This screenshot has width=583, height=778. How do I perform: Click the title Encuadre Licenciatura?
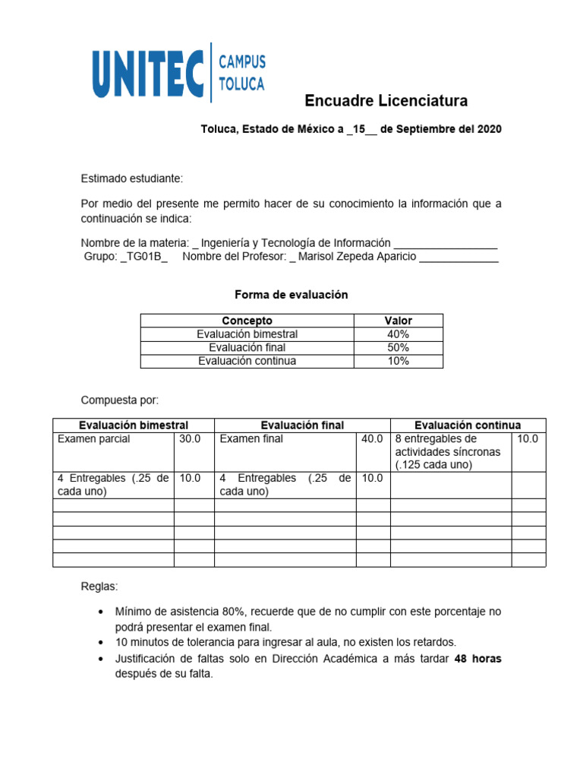[386, 101]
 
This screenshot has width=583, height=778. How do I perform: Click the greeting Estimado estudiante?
[132, 179]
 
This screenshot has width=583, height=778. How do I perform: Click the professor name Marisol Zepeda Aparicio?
[358, 257]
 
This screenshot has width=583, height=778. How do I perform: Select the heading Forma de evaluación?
[291, 295]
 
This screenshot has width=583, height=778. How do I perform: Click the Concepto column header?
[247, 321]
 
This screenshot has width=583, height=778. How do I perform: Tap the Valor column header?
[399, 321]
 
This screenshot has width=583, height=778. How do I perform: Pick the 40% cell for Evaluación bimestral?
[399, 334]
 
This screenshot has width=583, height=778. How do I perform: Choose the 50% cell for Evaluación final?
[399, 347]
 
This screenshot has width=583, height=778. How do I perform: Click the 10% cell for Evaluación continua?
[399, 361]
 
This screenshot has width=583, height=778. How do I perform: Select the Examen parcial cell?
[94, 439]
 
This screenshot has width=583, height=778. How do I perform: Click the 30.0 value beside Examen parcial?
[190, 439]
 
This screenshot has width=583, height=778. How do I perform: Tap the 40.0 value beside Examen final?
[372, 439]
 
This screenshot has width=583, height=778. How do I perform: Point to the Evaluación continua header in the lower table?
[468, 425]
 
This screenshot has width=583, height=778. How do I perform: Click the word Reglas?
[99, 587]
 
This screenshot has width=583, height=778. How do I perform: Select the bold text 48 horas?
[477, 659]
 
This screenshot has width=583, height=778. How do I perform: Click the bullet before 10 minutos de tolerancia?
[101, 643]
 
